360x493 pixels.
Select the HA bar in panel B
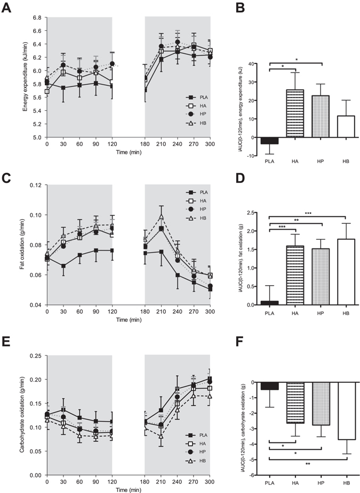coord(295,112)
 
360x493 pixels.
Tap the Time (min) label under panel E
coord(129,488)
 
